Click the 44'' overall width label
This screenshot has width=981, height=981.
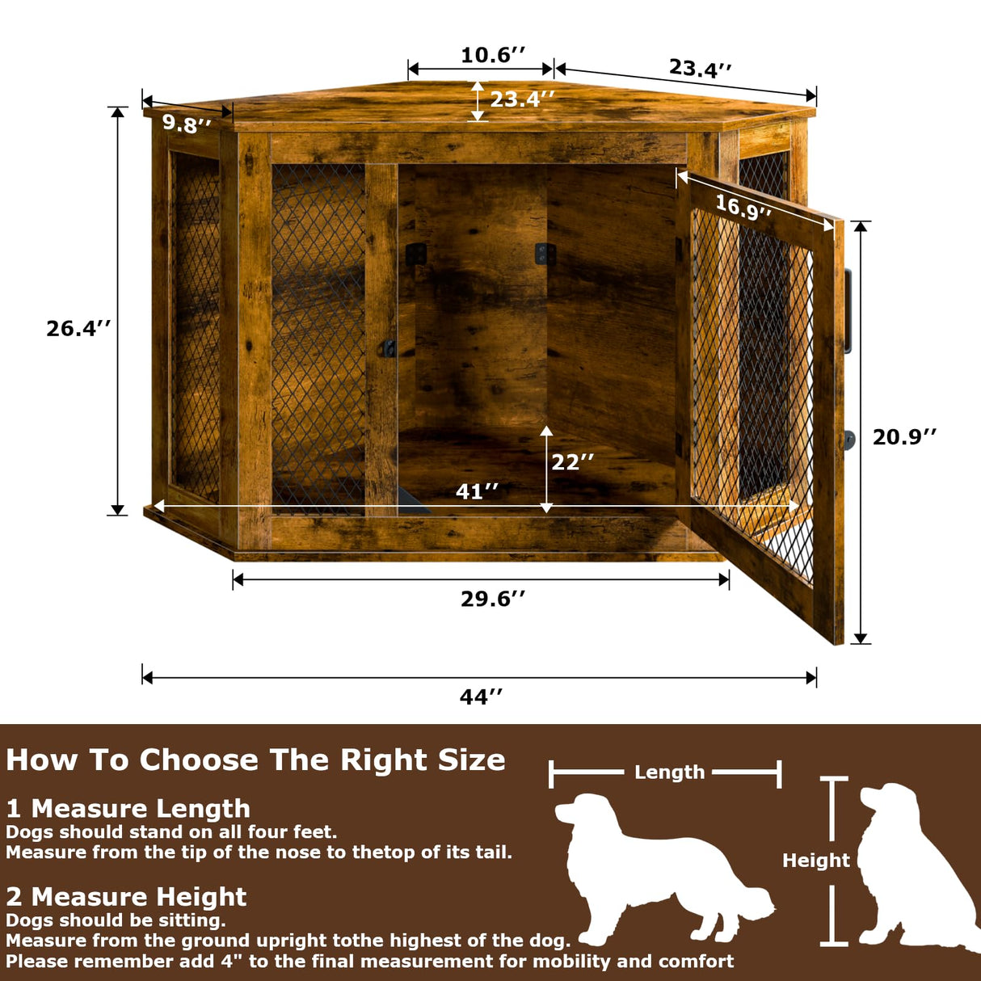pos(481,697)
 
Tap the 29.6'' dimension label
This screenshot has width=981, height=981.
pos(493,599)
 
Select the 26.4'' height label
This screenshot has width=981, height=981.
pos(78,328)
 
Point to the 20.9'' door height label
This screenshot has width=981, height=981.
pos(904,437)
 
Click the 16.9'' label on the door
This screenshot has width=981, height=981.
pos(743,208)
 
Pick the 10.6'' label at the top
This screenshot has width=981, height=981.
pos(493,55)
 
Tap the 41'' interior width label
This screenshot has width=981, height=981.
pos(477,491)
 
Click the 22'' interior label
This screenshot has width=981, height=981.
pos(572,462)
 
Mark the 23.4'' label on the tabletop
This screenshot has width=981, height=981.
pos(522,99)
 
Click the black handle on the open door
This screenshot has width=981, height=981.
pos(848,311)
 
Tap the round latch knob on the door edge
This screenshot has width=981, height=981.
pos(848,440)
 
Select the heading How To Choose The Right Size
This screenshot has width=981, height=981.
pos(255,760)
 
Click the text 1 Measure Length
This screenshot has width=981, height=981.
pos(128,808)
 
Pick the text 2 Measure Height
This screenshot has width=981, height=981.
pos(126,896)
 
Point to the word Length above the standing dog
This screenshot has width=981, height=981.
pos(669,773)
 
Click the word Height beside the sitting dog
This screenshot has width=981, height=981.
pos(815,861)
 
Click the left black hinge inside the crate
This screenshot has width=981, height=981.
pos(415,255)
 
